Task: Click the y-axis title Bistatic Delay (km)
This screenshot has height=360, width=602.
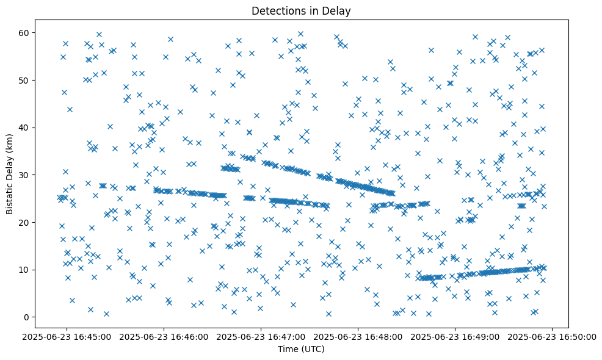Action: coord(10,175)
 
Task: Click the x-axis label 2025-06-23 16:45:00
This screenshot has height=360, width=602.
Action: coord(67,336)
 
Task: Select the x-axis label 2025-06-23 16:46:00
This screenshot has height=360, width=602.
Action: coord(164,336)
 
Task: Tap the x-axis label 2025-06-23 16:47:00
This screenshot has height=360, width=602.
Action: coord(261,336)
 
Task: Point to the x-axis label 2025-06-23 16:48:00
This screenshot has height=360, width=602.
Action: coord(358,336)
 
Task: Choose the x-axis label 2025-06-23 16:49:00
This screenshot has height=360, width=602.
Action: coord(455,336)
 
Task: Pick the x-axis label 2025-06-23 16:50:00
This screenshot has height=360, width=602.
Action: coord(553,336)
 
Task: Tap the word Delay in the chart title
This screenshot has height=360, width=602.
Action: coord(339,10)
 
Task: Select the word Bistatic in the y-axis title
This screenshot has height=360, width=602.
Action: coord(10,196)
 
